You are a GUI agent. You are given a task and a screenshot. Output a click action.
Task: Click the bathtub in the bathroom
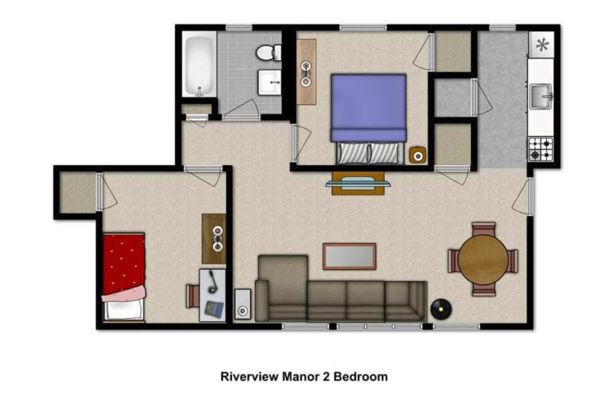tap(199, 64)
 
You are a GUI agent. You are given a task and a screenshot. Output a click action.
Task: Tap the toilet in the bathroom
tap(268, 52)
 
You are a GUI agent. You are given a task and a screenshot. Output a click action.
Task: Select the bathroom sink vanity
tap(269, 81)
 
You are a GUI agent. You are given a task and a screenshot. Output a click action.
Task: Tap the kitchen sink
tap(541, 97)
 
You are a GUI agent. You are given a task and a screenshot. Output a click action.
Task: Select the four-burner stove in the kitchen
tap(541, 148)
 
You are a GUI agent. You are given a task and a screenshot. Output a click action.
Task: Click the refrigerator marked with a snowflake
tap(543, 45)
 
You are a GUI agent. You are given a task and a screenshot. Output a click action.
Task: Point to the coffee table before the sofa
tap(349, 256)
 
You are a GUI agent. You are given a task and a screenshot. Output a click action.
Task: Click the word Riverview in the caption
tap(247, 376)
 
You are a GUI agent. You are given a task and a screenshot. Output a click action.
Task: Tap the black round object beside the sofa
tap(439, 307)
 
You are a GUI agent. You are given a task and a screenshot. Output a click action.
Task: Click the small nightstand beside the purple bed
tap(417, 155)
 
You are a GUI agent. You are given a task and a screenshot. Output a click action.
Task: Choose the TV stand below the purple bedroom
tap(358, 183)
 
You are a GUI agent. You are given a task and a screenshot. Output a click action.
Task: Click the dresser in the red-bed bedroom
tap(213, 238)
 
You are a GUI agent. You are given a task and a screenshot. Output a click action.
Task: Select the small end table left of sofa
tap(242, 305)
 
